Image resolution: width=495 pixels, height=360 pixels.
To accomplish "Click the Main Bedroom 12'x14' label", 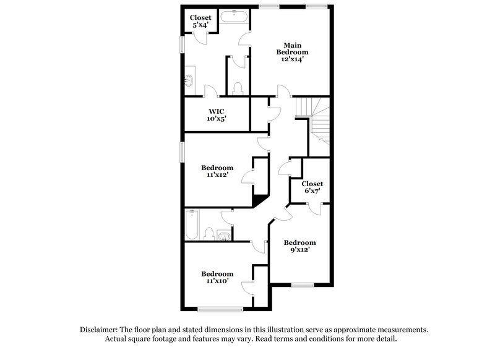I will pos(292,53).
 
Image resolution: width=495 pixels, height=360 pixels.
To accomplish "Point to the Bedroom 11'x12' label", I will pos(217,171).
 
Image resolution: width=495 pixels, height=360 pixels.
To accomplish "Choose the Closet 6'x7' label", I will pos(312,187).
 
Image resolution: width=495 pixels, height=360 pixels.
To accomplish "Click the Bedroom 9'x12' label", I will pos(299,246).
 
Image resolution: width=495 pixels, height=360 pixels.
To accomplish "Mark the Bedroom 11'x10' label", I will pos(217,278).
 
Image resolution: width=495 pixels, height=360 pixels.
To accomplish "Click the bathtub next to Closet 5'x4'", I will pos(233,19).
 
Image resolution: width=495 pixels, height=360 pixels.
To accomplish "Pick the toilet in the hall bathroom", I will pos(209,234).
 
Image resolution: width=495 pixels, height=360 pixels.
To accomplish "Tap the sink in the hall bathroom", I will pos(223,236).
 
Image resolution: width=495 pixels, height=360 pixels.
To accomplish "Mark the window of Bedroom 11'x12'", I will pos(182,150).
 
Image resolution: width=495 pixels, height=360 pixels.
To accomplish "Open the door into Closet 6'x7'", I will pos(315,208).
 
